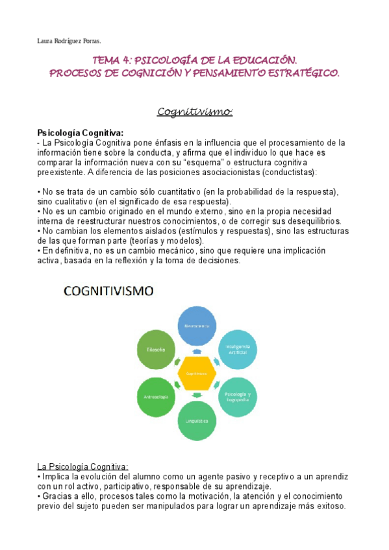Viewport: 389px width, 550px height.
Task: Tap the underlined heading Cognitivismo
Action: [195, 112]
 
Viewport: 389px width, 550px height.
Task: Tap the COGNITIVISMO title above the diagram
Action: [108, 291]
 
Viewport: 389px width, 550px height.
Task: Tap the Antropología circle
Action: [153, 396]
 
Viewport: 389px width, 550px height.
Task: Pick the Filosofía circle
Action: [153, 350]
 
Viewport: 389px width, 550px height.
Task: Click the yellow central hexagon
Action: [195, 373]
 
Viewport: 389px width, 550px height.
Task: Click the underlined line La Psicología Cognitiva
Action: [83, 466]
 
